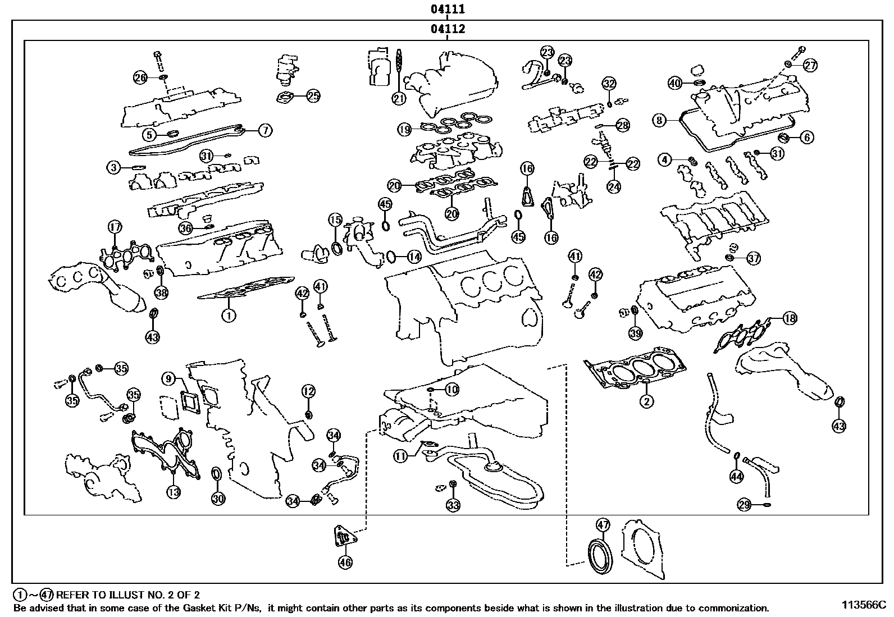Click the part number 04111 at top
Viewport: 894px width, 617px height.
pyautogui.click(x=447, y=9)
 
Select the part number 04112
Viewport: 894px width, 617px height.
pyautogui.click(x=447, y=29)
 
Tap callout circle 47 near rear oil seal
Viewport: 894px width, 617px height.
pyautogui.click(x=602, y=525)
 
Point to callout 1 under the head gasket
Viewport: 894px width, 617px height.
pyautogui.click(x=228, y=316)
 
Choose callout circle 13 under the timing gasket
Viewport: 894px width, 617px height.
pyautogui.click(x=174, y=492)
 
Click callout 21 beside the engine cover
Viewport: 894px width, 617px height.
pyautogui.click(x=398, y=99)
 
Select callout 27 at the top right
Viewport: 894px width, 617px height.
pyautogui.click(x=810, y=65)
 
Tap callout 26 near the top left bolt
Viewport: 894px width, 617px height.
pyautogui.click(x=140, y=77)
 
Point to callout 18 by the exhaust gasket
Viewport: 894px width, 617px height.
pyautogui.click(x=789, y=318)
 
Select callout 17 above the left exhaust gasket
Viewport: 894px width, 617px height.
pyautogui.click(x=115, y=227)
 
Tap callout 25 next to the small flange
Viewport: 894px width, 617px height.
pyautogui.click(x=313, y=96)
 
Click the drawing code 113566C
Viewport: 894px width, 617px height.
pyautogui.click(x=863, y=605)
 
